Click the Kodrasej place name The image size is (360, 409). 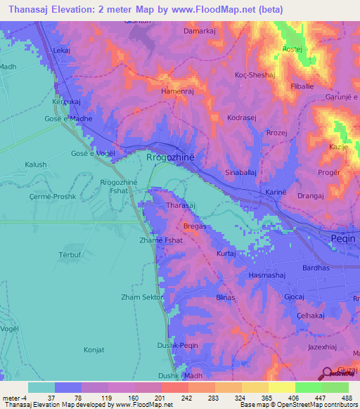241,117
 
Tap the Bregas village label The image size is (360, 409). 194,226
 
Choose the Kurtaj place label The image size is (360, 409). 226,253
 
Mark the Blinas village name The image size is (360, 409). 226,297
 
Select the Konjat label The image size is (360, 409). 94,349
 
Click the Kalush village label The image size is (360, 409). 36,164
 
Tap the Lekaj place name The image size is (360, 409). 62,51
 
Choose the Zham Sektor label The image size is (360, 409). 141,297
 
